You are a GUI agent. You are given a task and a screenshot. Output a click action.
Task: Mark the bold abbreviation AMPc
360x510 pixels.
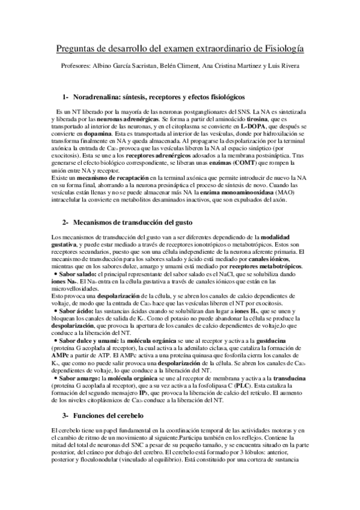tap(61, 354)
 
